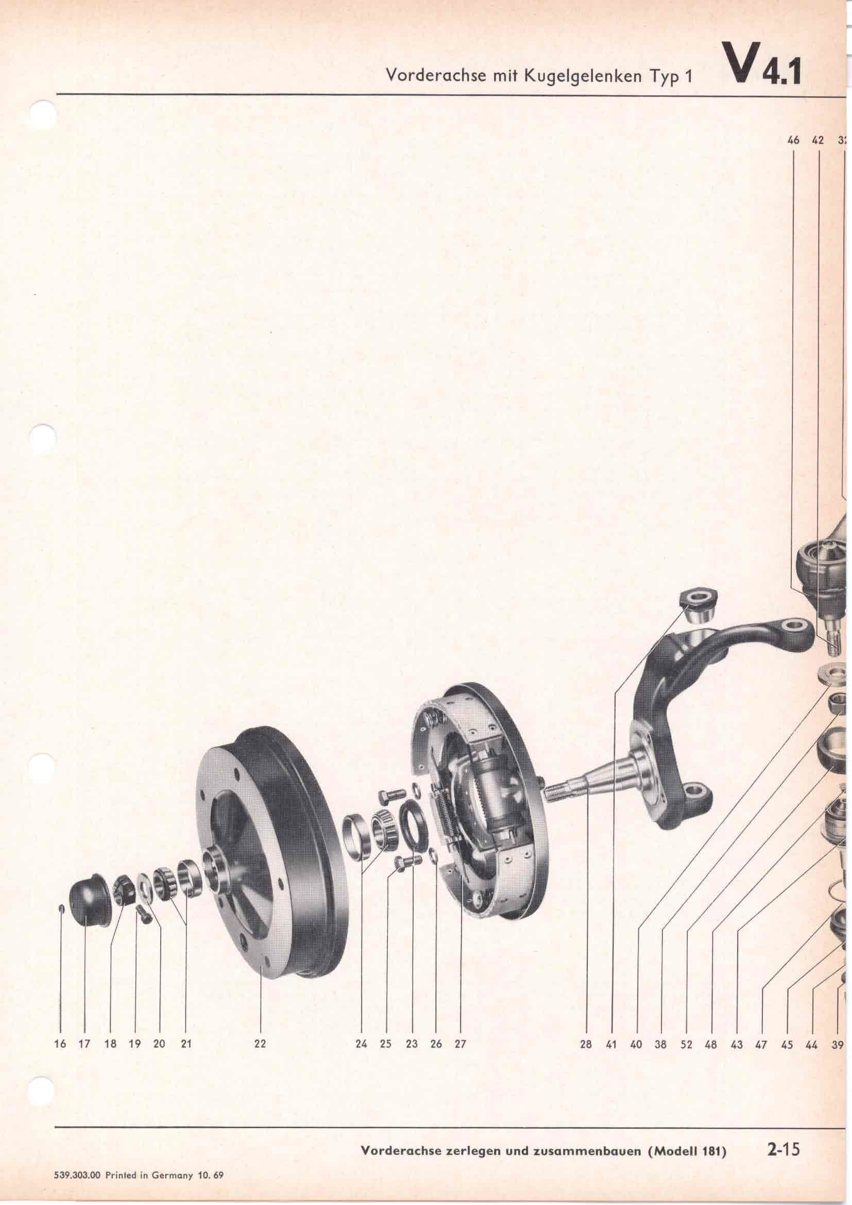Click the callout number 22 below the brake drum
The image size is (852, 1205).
[260, 1030]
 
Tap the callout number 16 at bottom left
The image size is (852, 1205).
[60, 1030]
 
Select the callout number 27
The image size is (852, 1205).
[460, 1030]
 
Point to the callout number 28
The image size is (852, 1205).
[586, 1030]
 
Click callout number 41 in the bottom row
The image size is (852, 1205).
[611, 1030]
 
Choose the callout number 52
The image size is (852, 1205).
[687, 1030]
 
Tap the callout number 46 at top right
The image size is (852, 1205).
[793, 140]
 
